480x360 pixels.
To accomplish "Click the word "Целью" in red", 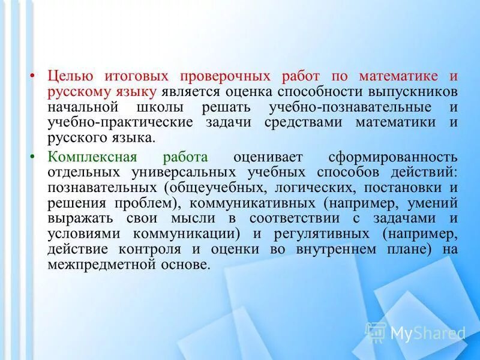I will [70, 77].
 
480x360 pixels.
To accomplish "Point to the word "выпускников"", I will [415, 92].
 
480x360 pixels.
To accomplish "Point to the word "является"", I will [190, 92].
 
